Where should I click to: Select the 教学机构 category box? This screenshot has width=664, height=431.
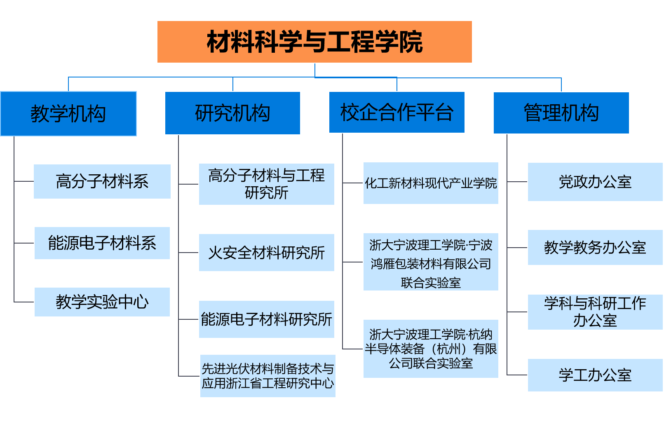(x=68, y=114)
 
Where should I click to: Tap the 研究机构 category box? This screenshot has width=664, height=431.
(x=232, y=113)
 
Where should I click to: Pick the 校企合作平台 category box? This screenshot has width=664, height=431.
(x=397, y=112)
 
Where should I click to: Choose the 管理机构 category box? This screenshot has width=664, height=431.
(x=561, y=113)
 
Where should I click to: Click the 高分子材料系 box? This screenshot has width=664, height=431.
(x=102, y=181)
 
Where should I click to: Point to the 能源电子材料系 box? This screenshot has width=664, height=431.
(x=102, y=243)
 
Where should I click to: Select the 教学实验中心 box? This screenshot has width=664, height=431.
(x=102, y=302)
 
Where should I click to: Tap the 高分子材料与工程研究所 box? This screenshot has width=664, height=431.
(x=266, y=184)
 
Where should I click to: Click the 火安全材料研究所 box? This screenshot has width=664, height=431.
(x=266, y=253)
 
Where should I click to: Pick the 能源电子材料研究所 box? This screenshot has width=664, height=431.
(x=266, y=319)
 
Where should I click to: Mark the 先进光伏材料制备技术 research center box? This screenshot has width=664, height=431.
(x=267, y=376)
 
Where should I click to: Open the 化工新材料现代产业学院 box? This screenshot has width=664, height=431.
(x=431, y=183)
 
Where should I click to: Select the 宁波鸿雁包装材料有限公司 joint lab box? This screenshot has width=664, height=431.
(x=431, y=262)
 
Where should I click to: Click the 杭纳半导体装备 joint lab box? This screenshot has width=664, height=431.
(x=431, y=349)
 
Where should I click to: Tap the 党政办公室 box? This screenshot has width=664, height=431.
(x=595, y=182)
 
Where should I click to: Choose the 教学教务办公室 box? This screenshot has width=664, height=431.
(x=595, y=247)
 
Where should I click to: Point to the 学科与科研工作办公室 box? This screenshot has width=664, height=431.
(x=595, y=312)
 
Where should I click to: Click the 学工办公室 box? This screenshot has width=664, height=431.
(x=595, y=375)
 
